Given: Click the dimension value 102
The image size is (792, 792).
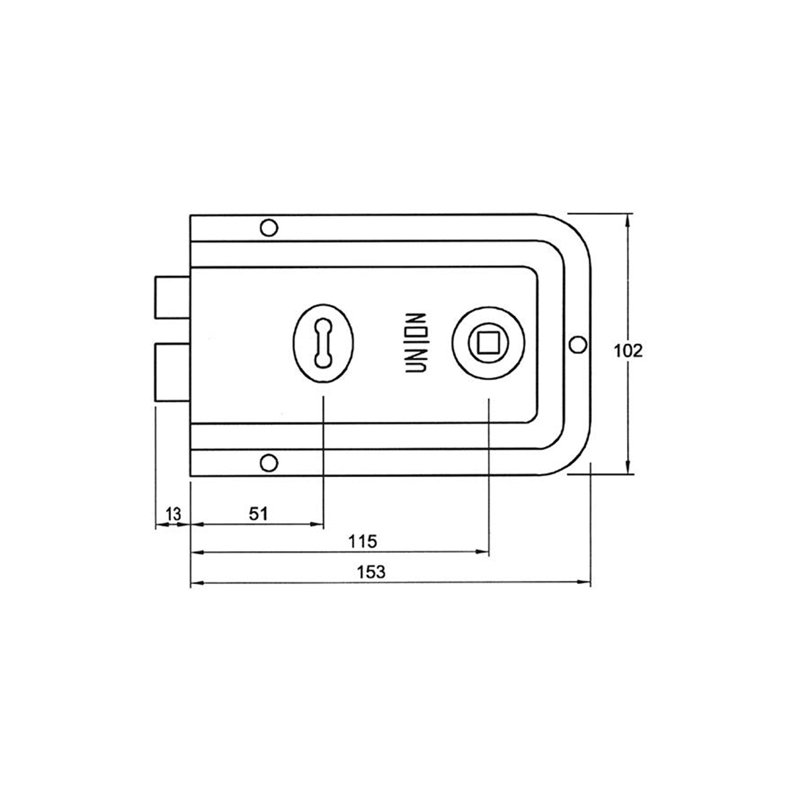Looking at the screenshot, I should (x=628, y=350).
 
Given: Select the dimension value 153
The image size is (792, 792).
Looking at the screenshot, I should (x=372, y=572).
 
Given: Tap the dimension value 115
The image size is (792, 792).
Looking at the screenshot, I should (x=362, y=542).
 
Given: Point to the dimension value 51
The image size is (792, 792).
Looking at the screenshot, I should (x=259, y=513).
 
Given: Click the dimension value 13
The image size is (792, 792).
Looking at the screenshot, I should (x=174, y=513).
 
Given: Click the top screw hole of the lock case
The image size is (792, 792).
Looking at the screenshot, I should (x=268, y=228).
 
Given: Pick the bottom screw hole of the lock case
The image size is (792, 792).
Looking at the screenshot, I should (x=268, y=463).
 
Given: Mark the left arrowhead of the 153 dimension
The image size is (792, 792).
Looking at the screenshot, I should (x=195, y=583).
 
